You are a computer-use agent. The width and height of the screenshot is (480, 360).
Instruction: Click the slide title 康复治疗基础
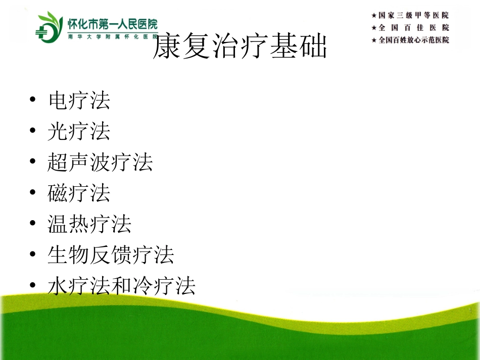pos(240,46)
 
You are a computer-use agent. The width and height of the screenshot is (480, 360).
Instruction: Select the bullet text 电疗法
pos(79,100)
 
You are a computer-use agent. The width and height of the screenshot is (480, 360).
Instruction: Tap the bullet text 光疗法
pos(79,131)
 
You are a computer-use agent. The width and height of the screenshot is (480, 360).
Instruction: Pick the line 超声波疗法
pos(100,162)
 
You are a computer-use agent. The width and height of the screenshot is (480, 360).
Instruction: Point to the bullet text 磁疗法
pos(79,193)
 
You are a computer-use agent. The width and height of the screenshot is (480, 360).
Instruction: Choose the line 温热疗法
pos(89,224)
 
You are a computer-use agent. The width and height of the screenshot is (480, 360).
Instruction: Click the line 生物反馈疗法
pos(111,255)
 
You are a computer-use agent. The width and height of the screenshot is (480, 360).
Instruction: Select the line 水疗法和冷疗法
pos(122,286)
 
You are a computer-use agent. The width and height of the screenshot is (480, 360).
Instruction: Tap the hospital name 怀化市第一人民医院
pos(113,24)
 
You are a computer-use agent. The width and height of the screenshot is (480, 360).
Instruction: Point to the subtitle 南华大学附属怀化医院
pos(113,37)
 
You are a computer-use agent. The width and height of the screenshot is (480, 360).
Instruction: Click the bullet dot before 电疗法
pos(33,99)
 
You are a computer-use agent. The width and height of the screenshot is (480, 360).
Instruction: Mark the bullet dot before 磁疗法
pos(33,192)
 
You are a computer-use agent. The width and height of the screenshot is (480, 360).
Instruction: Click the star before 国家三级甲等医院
pos(374,15)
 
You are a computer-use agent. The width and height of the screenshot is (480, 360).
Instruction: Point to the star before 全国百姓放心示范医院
pos(374,40)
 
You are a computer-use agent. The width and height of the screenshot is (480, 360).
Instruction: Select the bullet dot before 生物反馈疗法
pos(33,253)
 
